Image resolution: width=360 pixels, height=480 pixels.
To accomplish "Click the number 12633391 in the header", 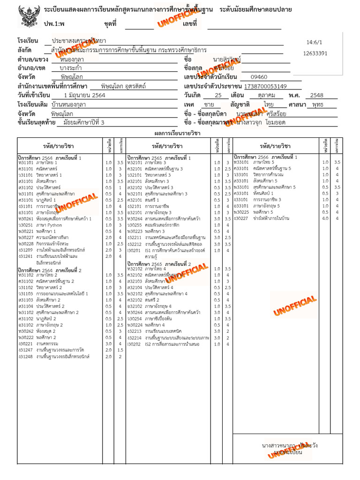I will [x=315, y=53].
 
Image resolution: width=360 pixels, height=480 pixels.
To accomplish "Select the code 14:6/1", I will [x=314, y=42].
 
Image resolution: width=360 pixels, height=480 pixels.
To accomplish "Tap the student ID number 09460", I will [x=259, y=77].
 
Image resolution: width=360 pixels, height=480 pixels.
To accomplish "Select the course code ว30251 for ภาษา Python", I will [x=25, y=225].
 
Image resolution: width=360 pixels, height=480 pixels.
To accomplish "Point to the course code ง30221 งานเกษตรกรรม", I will [x=25, y=344].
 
